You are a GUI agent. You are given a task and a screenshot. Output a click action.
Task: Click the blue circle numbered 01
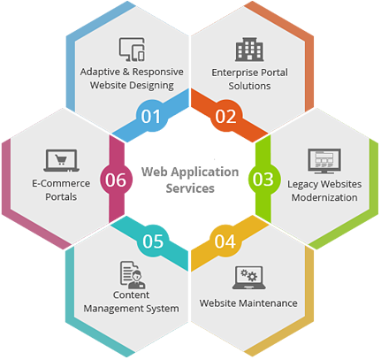[x=151, y=116]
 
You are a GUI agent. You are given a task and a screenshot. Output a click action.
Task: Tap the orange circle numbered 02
[x=225, y=116]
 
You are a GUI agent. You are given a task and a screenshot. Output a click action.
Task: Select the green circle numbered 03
[x=263, y=179]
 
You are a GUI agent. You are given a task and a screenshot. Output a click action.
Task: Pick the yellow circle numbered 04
[x=225, y=241]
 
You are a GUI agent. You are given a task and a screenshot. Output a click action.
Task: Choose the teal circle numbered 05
[x=153, y=241]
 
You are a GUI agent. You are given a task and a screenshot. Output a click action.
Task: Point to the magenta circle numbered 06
[x=116, y=180]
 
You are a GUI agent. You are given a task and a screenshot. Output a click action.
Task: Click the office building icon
[x=249, y=50]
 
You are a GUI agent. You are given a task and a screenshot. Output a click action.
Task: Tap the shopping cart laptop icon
[x=61, y=160]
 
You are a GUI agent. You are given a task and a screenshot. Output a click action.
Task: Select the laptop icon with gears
[x=249, y=278]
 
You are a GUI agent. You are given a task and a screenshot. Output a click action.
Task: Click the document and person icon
[x=133, y=275]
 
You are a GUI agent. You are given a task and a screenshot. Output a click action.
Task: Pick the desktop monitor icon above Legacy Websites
[x=324, y=161]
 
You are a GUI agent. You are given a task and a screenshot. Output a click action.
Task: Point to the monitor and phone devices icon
[x=132, y=50]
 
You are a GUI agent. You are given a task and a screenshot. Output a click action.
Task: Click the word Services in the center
[x=190, y=188]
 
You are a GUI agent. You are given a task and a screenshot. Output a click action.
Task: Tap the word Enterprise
[x=232, y=73]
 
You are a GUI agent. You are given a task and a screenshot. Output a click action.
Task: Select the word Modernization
[x=324, y=197]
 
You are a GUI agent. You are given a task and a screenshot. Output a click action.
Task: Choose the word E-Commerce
[x=61, y=183]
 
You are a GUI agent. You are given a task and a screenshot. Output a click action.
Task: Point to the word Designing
[x=152, y=86]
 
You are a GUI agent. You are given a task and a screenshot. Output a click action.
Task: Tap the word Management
[x=110, y=309]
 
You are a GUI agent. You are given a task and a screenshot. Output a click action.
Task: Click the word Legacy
[x=301, y=184]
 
